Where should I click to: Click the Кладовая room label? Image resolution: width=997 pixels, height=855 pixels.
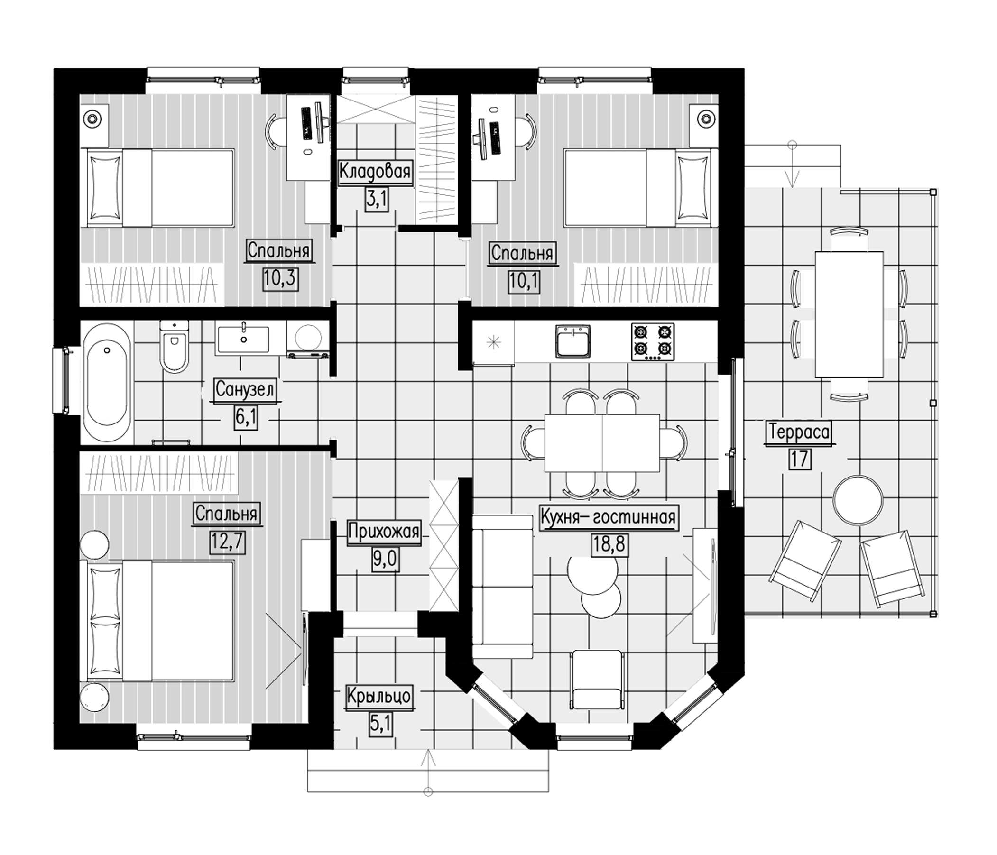click(x=375, y=172)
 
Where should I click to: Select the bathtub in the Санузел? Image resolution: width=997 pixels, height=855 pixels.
click(x=107, y=382)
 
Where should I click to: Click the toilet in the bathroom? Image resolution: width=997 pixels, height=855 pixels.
click(x=174, y=347)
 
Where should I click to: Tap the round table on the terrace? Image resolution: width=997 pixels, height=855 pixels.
click(x=858, y=499)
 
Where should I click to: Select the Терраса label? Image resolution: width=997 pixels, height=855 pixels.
click(x=799, y=432)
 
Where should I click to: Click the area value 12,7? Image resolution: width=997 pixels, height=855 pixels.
click(x=228, y=542)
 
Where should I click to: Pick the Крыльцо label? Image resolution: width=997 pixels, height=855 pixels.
click(x=378, y=697)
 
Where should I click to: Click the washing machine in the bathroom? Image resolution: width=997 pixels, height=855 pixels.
click(x=308, y=339)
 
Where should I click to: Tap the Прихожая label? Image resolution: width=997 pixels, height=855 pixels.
click(x=384, y=532)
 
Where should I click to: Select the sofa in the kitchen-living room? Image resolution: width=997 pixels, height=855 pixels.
click(x=502, y=586)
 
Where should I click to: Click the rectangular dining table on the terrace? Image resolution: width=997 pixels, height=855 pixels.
click(x=849, y=314)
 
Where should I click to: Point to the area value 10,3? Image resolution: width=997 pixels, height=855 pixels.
click(x=280, y=278)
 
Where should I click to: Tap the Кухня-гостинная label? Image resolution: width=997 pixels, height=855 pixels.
click(x=609, y=517)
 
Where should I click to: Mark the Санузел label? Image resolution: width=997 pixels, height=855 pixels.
click(x=245, y=390)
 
